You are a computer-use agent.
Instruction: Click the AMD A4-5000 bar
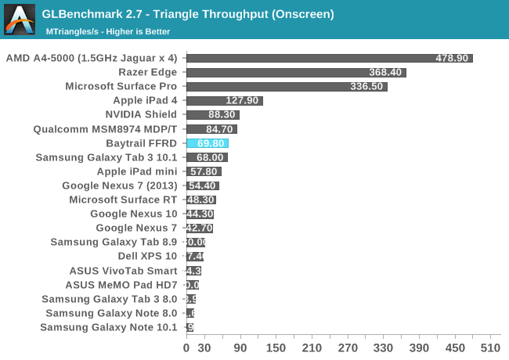[x=329, y=58]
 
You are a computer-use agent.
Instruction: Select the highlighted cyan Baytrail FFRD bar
[x=207, y=143]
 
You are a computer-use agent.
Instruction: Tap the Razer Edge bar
[x=296, y=72]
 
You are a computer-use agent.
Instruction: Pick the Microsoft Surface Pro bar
[x=287, y=86]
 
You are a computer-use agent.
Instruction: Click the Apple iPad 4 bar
[x=224, y=100]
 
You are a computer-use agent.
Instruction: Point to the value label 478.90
[x=452, y=58]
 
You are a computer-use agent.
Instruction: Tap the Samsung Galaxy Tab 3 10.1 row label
[x=106, y=157]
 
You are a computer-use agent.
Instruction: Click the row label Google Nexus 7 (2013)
[x=120, y=185]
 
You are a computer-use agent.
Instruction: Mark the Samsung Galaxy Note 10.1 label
[x=109, y=327]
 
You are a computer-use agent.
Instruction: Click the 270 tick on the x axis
[x=348, y=347]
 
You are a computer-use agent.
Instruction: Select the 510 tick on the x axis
[x=490, y=347]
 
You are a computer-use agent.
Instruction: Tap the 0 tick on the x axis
[x=186, y=347]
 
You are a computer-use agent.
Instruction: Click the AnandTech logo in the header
[x=20, y=20]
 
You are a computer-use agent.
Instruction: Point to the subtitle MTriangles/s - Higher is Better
[x=108, y=31]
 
